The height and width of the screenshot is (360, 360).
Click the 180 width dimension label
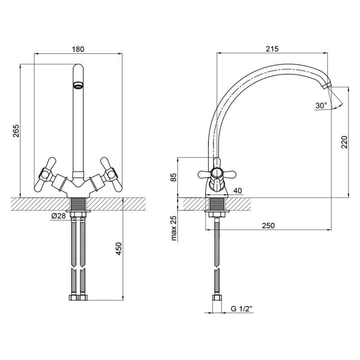click(78, 49)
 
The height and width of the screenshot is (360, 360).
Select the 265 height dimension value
click(16, 131)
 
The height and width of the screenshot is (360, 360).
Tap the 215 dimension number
click(272, 49)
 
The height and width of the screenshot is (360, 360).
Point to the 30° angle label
click(321, 106)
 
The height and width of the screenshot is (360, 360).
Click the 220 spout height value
click(344, 142)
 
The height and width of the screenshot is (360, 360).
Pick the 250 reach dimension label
click(268, 225)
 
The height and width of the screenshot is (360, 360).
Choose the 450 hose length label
click(119, 248)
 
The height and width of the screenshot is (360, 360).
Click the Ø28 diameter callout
click(59, 216)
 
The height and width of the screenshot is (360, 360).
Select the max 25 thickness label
click(174, 228)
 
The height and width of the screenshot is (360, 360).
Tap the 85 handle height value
click(174, 177)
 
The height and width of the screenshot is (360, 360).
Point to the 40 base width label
click(238, 190)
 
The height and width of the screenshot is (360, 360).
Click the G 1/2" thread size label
click(241, 309)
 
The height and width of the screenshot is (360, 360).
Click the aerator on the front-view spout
click(78, 85)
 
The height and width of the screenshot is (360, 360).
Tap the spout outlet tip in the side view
click(327, 86)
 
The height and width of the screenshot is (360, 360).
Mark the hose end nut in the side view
click(217, 297)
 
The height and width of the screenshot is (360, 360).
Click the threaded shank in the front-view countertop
click(78, 204)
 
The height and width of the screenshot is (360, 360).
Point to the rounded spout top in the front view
click(78, 69)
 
